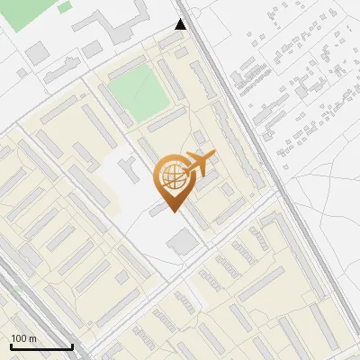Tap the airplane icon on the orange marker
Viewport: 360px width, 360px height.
click(x=198, y=166)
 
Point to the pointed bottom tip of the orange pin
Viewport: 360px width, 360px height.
click(x=173, y=212)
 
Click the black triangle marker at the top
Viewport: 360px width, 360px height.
click(x=182, y=24)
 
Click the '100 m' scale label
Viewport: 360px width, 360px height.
click(x=23, y=338)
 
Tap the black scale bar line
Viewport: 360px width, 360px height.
click(x=41, y=346)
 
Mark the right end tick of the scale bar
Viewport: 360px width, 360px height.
click(x=72, y=345)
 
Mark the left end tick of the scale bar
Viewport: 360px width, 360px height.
click(x=11, y=345)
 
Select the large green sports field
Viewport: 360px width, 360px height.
click(x=138, y=94)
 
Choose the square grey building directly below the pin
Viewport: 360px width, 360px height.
click(x=184, y=241)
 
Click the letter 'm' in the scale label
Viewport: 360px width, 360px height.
click(x=31, y=338)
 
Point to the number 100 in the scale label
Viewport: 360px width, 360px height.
click(x=19, y=338)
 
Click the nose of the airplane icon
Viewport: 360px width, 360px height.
click(x=215, y=157)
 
